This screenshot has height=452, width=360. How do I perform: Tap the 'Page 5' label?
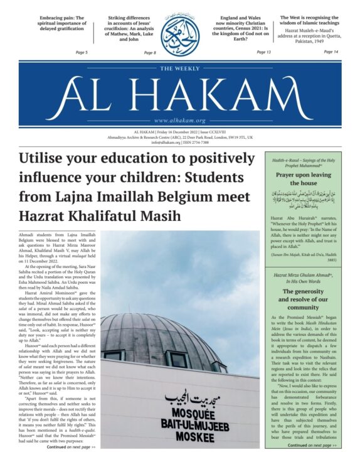pos(82,52)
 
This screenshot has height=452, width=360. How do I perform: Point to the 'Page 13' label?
pos(263,52)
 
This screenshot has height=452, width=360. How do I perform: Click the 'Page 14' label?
pos(331,51)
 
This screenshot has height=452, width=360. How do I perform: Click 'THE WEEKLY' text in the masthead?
pos(179,69)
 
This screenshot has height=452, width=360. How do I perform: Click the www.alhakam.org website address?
pos(179,121)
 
